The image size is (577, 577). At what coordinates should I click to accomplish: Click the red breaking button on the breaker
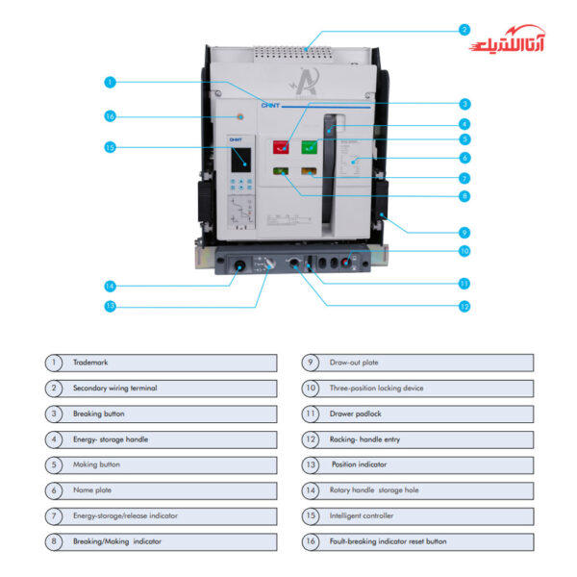281,147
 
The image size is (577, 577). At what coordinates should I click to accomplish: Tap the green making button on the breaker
310,147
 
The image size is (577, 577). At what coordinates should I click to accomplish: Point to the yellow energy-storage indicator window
309,172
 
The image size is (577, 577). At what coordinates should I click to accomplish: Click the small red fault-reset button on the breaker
238,116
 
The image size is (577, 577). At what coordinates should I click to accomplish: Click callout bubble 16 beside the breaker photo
111,115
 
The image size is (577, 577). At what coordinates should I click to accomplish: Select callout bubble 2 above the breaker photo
464,30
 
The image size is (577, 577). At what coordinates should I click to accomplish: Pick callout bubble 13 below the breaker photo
111,306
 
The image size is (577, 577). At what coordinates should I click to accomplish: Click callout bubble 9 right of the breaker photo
464,232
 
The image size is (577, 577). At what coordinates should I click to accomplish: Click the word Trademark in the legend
90,363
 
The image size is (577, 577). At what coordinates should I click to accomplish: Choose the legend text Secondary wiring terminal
114,389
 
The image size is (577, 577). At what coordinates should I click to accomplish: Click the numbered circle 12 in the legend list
311,439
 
